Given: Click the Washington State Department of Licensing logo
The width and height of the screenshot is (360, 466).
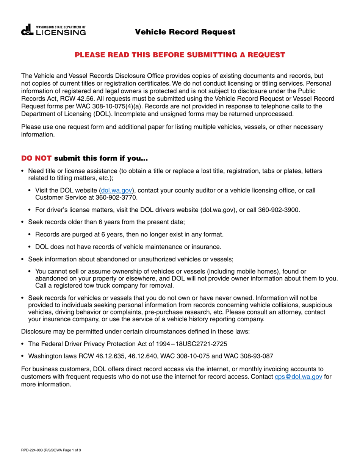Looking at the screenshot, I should (53, 31).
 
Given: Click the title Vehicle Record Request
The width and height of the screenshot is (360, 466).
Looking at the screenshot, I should (185, 32).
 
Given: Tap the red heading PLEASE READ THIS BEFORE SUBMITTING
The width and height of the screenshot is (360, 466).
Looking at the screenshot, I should (180, 55).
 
